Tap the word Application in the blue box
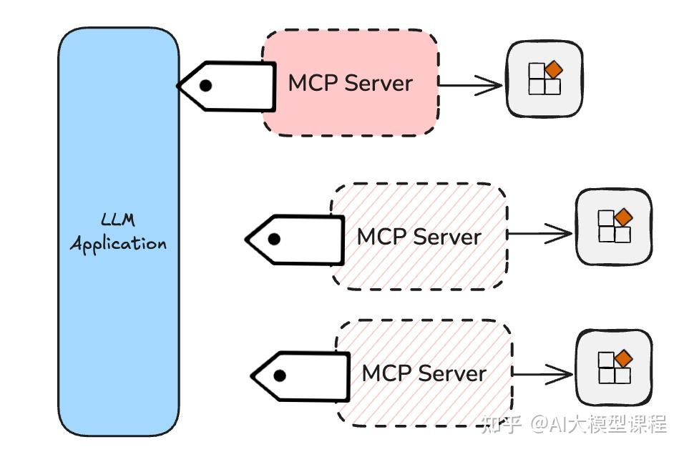(118, 243)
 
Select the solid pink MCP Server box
(350, 82)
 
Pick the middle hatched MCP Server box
(419, 236)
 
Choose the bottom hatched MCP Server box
(424, 373)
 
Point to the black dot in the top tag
(205, 86)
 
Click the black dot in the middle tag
(274, 240)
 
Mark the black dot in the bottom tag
(280, 375)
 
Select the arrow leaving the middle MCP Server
(539, 234)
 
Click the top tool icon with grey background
(544, 79)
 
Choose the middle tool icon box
(614, 227)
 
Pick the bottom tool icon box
(614, 367)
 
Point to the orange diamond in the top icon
(553, 70)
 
